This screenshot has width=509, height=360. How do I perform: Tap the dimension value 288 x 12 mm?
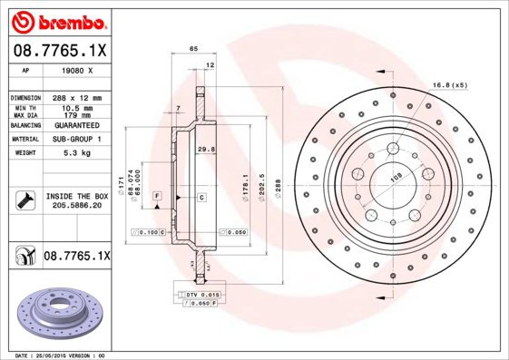pyautogui.click(x=77, y=97)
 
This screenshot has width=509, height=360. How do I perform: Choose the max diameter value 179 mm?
pyautogui.click(x=77, y=115)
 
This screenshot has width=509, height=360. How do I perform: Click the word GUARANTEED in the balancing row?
pyautogui.click(x=77, y=127)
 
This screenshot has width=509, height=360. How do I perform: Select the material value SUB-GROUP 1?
pyautogui.click(x=77, y=140)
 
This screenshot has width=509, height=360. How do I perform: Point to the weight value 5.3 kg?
pyautogui.click(x=77, y=153)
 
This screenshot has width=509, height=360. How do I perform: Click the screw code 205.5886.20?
pyautogui.click(x=77, y=206)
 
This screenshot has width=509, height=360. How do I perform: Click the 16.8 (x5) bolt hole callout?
pyautogui.click(x=451, y=83)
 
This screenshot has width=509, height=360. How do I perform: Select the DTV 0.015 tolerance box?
pyautogui.click(x=198, y=296)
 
